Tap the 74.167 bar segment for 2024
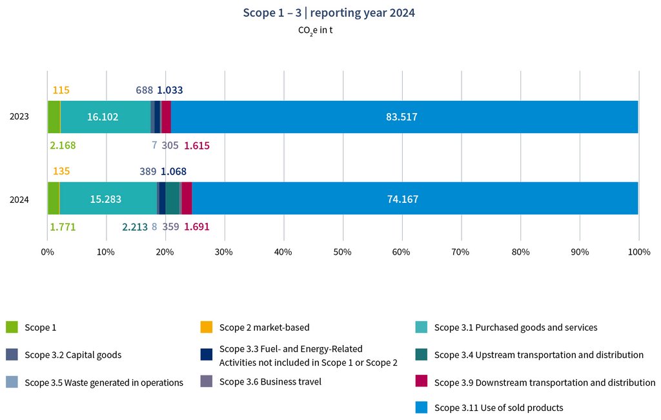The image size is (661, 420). click(x=414, y=199)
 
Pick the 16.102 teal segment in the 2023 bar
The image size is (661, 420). click(x=105, y=117)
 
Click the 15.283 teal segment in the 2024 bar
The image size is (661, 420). click(x=107, y=199)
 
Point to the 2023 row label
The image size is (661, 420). click(x=19, y=117)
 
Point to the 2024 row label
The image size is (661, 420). click(x=19, y=199)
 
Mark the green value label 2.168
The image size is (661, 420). click(x=63, y=145)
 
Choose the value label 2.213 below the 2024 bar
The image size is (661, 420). click(x=135, y=227)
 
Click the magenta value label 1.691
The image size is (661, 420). click(x=196, y=227)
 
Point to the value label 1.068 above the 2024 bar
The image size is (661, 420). click(x=173, y=172)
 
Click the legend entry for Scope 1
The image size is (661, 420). click(x=40, y=328)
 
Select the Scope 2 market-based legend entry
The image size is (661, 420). click(x=264, y=328)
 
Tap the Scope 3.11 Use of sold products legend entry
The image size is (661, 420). click(x=498, y=408)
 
